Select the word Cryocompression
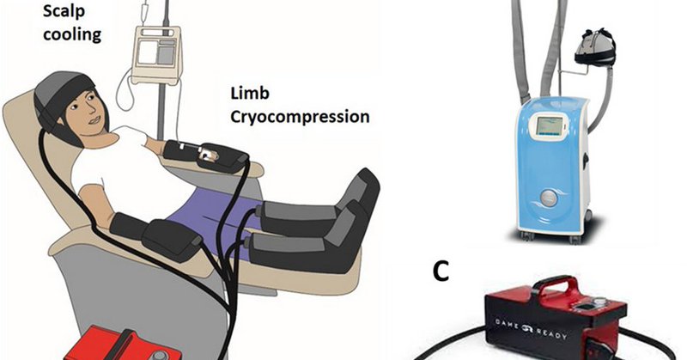pyautogui.click(x=300, y=116)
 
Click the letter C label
pyautogui.click(x=440, y=272)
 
